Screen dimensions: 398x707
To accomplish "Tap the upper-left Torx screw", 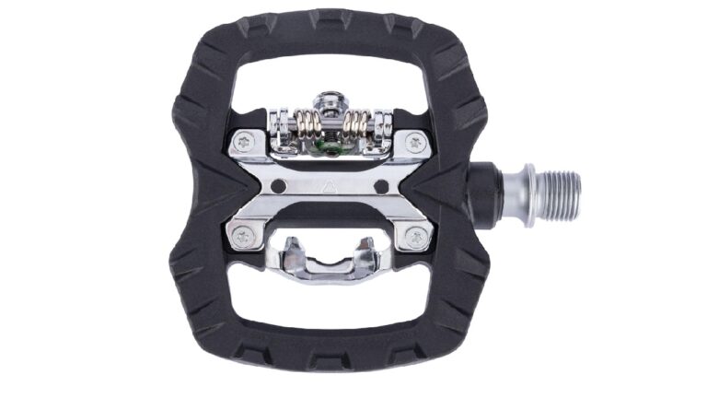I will coord(246,142).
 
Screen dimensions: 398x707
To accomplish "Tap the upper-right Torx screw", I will coord(416,143).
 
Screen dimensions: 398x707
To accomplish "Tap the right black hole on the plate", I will coord(380,187).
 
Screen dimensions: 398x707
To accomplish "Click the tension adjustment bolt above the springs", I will coord(329,99).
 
